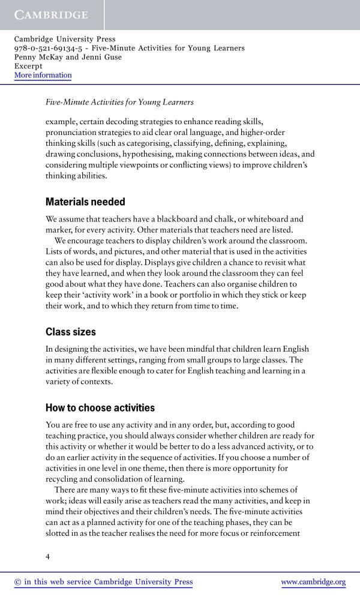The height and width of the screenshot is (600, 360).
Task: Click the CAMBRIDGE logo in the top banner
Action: pos(52,14)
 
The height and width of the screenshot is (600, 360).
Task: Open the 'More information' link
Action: pos(43,76)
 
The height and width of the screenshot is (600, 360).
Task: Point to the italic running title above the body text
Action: pos(120,103)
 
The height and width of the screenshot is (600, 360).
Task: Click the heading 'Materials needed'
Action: pos(85,202)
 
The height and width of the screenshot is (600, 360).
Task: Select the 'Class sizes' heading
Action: pos(71,331)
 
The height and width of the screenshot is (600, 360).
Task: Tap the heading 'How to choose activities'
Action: pos(100,408)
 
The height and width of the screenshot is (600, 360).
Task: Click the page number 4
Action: pos(48,557)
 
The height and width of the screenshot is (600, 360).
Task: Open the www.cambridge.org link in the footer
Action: pos(313,582)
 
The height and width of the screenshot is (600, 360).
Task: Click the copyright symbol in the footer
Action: pos(17,582)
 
